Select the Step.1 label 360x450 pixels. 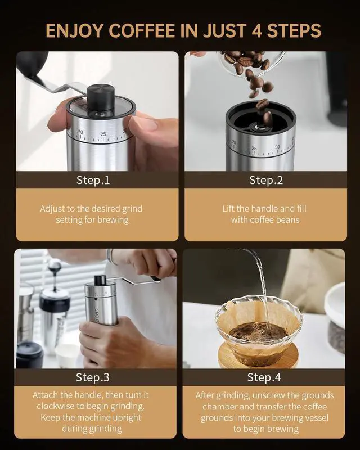(93, 180)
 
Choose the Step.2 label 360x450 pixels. (266, 180)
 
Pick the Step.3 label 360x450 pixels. (92, 377)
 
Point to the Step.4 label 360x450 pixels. (264, 377)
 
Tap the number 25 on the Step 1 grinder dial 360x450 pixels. (103, 134)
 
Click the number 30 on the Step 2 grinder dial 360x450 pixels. (277, 147)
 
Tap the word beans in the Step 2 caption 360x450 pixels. (287, 219)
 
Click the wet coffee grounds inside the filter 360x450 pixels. (258, 332)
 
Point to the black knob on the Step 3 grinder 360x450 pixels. (100, 280)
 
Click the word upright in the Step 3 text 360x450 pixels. (127, 417)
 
